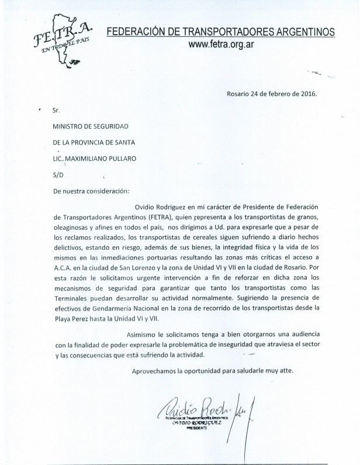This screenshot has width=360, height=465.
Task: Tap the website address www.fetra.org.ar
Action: (229, 44)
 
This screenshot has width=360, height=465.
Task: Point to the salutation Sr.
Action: (56, 109)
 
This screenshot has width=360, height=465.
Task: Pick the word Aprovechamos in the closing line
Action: (155, 371)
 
